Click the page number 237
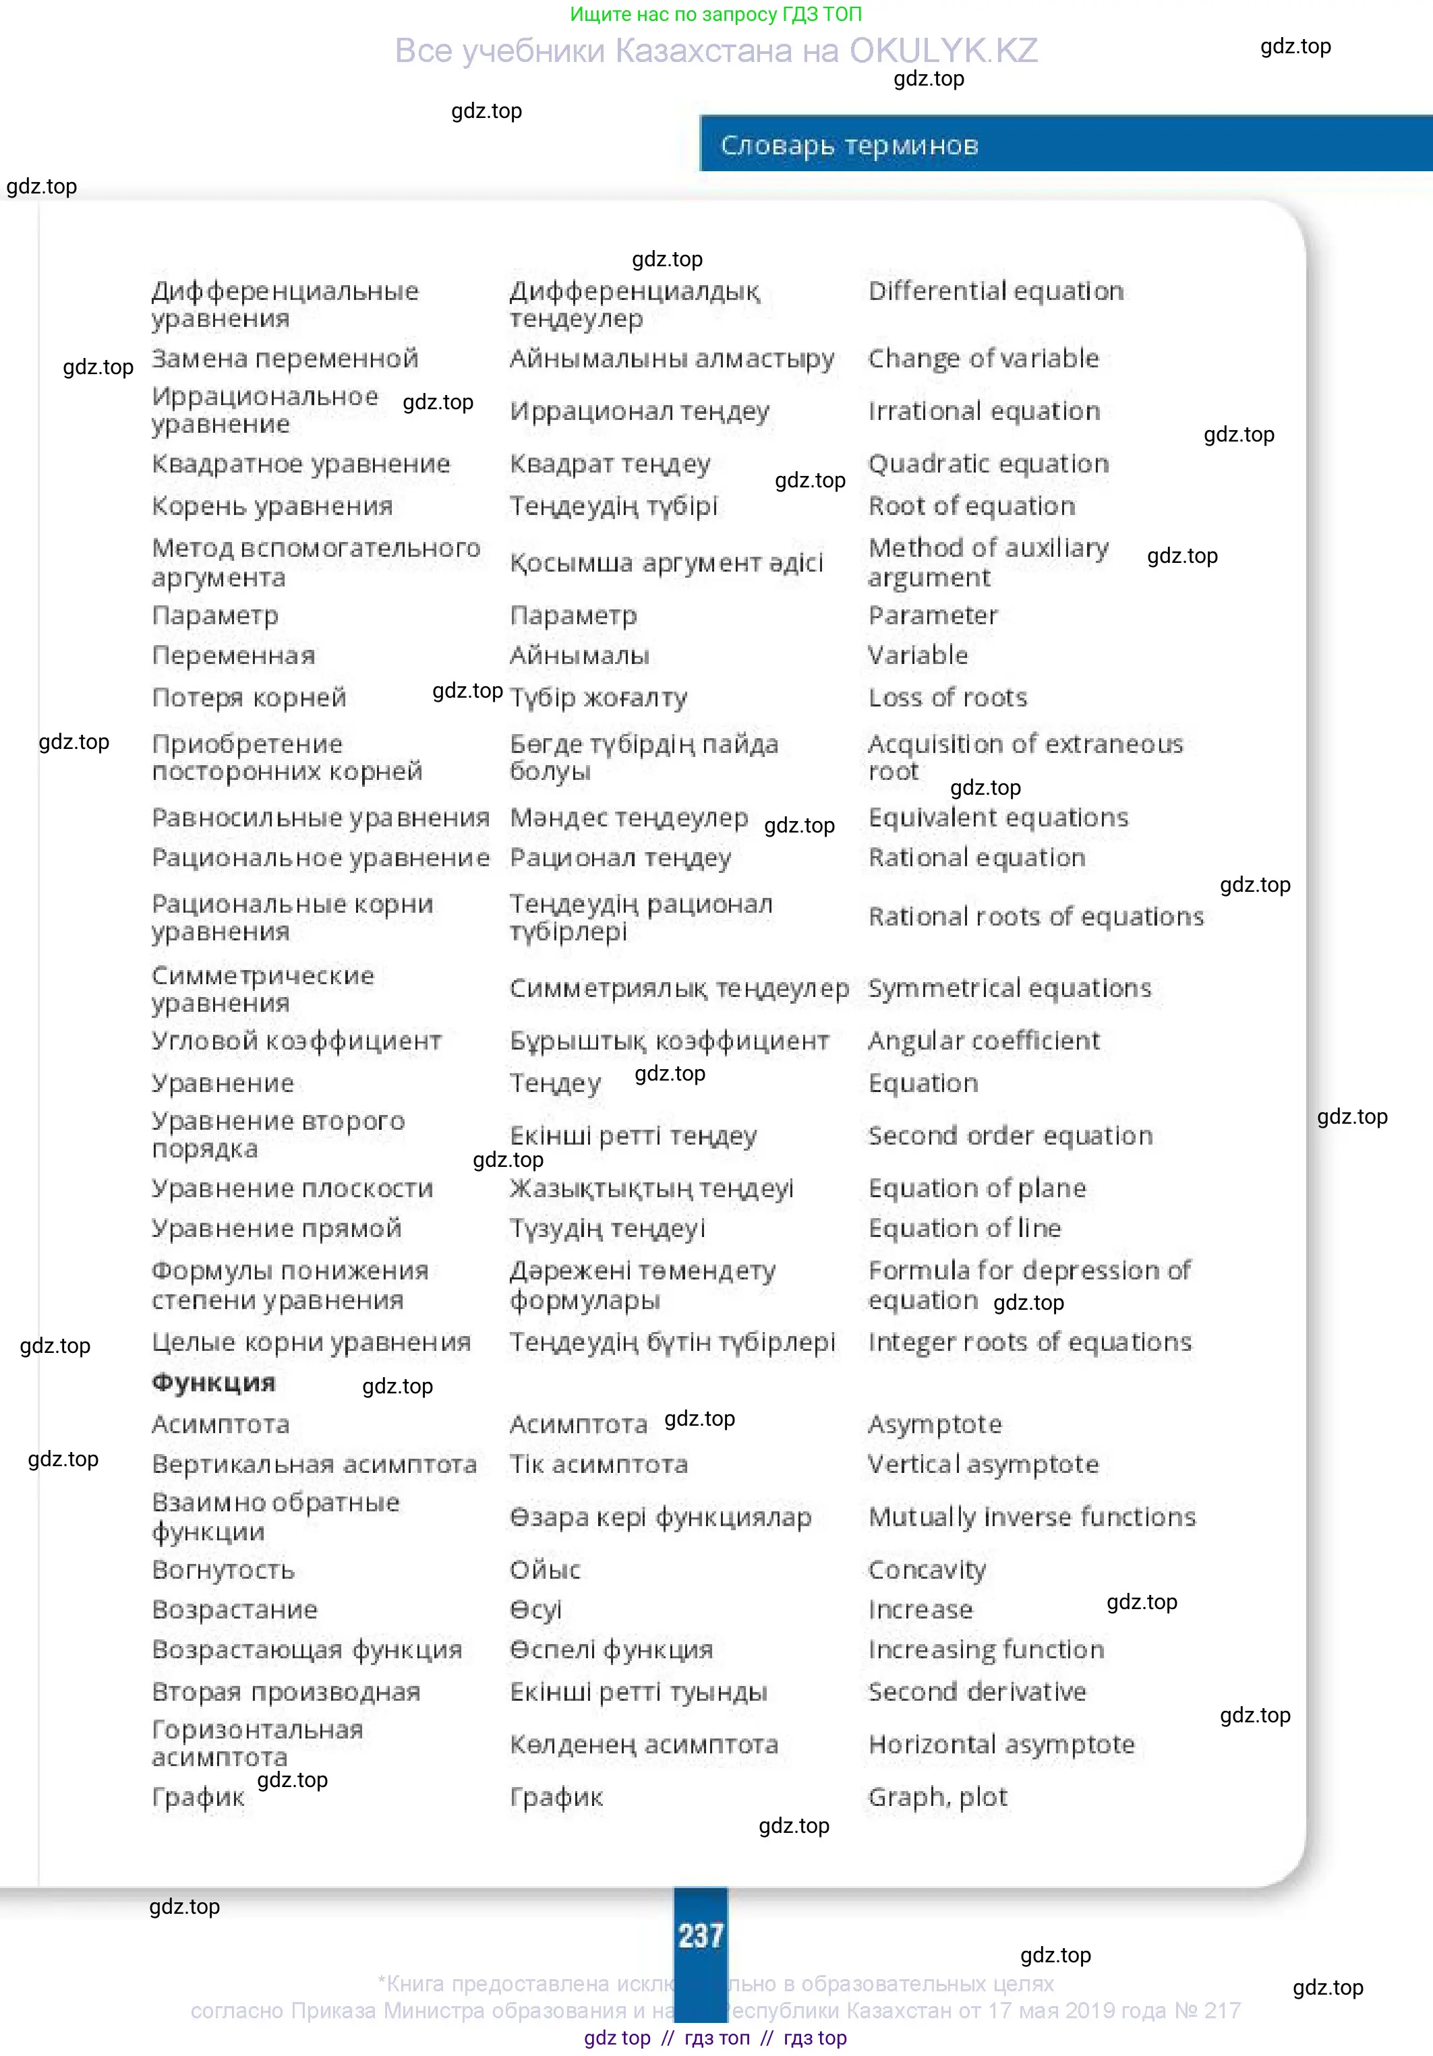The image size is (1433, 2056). pyautogui.click(x=701, y=1935)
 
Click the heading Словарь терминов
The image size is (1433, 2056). pyautogui.click(x=849, y=145)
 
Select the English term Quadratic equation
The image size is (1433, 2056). pyautogui.click(x=988, y=464)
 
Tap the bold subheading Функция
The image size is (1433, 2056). pyautogui.click(x=213, y=1383)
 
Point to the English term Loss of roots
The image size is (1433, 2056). pyautogui.click(x=947, y=698)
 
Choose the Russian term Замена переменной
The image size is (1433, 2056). pyautogui.click(x=285, y=358)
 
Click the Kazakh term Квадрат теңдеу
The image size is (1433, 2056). pyautogui.click(x=610, y=464)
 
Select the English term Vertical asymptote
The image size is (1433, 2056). pyautogui.click(x=983, y=1465)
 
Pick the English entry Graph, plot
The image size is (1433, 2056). pyautogui.click(x=938, y=1796)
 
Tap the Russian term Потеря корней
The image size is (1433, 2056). pyautogui.click(x=249, y=698)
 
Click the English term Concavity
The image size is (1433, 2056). pyautogui.click(x=927, y=1570)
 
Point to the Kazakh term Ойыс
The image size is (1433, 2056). pyautogui.click(x=545, y=1570)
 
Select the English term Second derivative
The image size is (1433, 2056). pyautogui.click(x=977, y=1691)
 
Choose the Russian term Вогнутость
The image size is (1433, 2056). pyautogui.click(x=223, y=1570)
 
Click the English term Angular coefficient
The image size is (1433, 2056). pyautogui.click(x=983, y=1041)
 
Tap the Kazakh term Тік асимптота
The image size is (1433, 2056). pyautogui.click(x=598, y=1465)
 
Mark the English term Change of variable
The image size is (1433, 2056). pyautogui.click(x=983, y=358)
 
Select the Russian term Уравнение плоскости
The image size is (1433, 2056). pyautogui.click(x=292, y=1188)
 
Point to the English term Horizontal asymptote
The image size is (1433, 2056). pyautogui.click(x=1001, y=1745)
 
